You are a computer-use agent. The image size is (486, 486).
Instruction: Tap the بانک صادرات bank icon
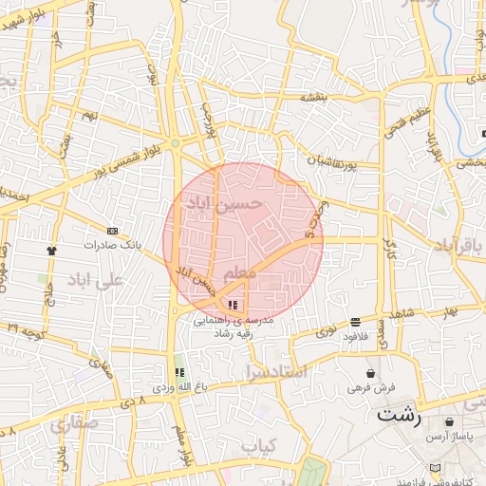[113, 231]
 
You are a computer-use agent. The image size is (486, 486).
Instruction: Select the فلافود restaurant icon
[355, 322]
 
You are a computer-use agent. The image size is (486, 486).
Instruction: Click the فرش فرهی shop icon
[369, 373]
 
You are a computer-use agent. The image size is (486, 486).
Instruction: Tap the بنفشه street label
[314, 97]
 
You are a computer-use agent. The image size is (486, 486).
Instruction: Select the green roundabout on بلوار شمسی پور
[175, 143]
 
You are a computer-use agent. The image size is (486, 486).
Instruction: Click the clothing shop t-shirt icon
[51, 251]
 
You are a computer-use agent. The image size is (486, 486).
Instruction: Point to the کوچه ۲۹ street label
[25, 327]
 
